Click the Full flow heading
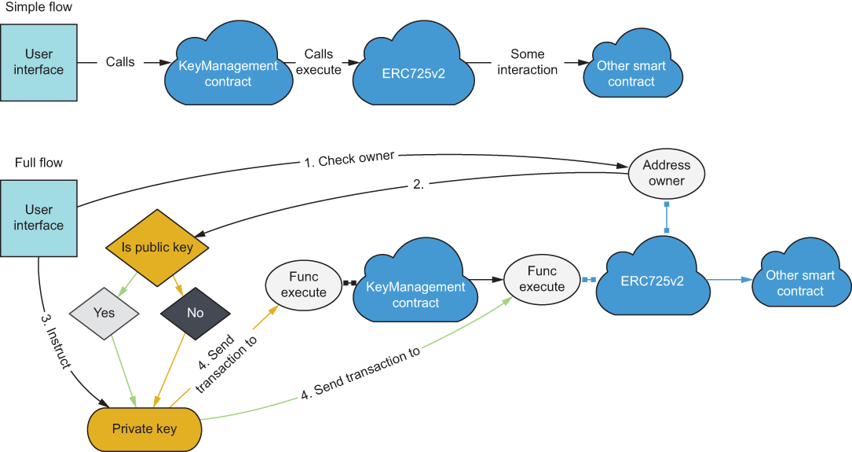pyautogui.click(x=38, y=163)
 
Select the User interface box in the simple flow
pyautogui.click(x=38, y=62)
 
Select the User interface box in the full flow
pyautogui.click(x=38, y=218)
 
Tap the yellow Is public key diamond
pyautogui.click(x=158, y=248)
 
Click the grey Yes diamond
pyautogui.click(x=104, y=313)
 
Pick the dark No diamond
pyautogui.click(x=196, y=313)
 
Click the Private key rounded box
pyautogui.click(x=144, y=429)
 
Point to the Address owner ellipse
pyautogui.click(x=667, y=173)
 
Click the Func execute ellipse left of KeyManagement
pyautogui.click(x=303, y=285)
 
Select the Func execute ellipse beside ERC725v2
pyautogui.click(x=542, y=279)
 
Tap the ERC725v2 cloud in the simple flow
pyautogui.click(x=413, y=69)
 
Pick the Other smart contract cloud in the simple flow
pyautogui.click(x=631, y=73)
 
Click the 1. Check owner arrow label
pyautogui.click(x=349, y=159)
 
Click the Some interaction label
pyautogui.click(x=527, y=62)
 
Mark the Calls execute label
pyautogui.click(x=319, y=62)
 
